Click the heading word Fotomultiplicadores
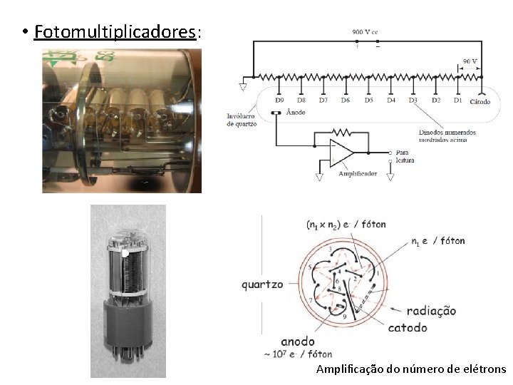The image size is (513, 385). [x=115, y=32]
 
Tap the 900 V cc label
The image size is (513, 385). [x=366, y=31]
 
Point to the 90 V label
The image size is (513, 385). [x=470, y=61]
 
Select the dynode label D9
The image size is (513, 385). [x=279, y=101]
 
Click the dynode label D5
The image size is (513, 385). [x=368, y=101]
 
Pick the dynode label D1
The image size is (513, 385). [x=457, y=101]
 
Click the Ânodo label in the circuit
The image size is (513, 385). [x=296, y=113]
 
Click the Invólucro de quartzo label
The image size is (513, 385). [x=242, y=120]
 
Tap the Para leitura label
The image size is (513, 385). [x=403, y=156]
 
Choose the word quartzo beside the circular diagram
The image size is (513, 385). [x=261, y=284]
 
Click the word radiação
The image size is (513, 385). [x=431, y=311]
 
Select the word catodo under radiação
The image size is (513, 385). [x=408, y=328]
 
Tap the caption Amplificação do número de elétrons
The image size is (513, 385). [x=410, y=369]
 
